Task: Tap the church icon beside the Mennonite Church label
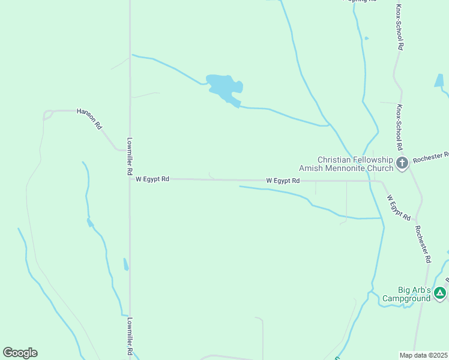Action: click(402, 162)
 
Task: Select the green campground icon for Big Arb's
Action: click(440, 293)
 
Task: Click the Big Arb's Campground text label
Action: click(406, 294)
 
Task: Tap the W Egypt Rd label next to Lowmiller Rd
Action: click(152, 179)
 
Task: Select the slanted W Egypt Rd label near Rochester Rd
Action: click(398, 207)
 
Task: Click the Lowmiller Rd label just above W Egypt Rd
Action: click(129, 157)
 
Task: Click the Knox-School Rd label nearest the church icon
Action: click(399, 127)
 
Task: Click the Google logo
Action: click(20, 353)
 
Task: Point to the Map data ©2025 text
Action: click(424, 355)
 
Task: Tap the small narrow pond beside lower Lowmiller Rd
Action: click(125, 264)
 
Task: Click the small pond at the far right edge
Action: click(439, 82)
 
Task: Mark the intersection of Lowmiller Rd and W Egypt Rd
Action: click(130, 179)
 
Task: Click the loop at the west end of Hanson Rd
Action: click(47, 115)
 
